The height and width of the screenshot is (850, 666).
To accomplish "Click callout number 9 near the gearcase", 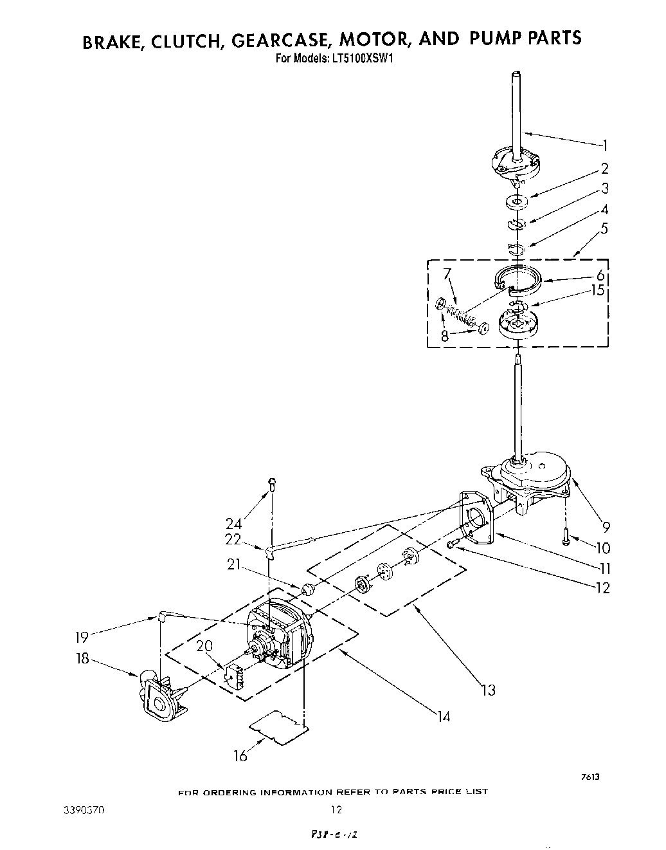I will pos(606,527).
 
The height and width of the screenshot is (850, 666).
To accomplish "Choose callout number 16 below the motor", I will pos(240,757).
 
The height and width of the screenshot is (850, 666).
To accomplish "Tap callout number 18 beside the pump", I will pos(82,660).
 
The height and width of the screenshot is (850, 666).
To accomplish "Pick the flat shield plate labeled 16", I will pos(277,728).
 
